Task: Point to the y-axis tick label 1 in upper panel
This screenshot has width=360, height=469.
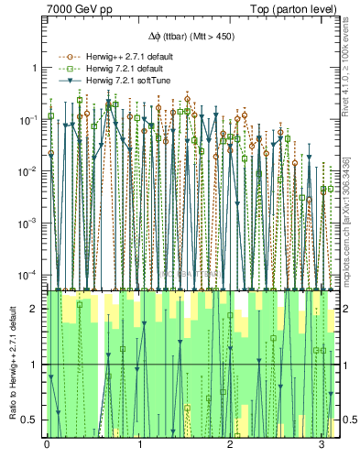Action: point(36,68)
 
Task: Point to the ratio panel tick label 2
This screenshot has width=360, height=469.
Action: point(36,309)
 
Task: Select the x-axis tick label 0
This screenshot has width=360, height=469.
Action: point(47,445)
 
